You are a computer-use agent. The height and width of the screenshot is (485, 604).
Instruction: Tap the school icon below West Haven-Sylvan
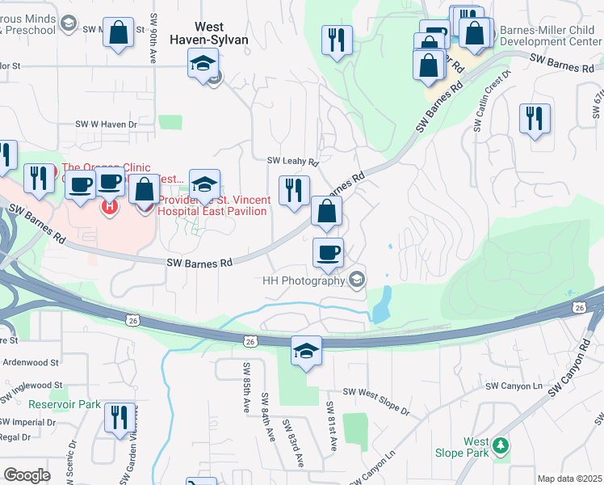pos(203,62)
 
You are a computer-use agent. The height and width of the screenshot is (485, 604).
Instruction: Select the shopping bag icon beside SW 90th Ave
pos(118,33)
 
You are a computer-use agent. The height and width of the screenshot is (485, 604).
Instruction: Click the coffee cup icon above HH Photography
pos(328,252)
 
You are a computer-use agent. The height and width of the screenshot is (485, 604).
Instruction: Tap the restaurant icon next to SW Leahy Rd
pos(293,190)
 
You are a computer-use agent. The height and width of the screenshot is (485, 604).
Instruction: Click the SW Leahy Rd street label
pos(288,162)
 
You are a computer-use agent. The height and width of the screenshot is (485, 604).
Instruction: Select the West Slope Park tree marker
pos(501,445)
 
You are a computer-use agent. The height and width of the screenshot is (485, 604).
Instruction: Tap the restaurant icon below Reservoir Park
pos(120,418)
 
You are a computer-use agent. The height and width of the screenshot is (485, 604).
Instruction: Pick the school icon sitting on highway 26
pos(306,351)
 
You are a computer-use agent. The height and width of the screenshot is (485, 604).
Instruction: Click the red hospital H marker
pos(109,207)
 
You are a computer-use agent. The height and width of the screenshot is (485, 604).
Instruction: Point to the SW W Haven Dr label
pos(107,124)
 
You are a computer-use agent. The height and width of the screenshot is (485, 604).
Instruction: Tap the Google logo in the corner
pos(27,474)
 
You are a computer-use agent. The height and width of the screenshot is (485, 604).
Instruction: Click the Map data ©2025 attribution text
pos(570,479)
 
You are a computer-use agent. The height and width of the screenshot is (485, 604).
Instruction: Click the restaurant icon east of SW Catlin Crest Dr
pos(535,119)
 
